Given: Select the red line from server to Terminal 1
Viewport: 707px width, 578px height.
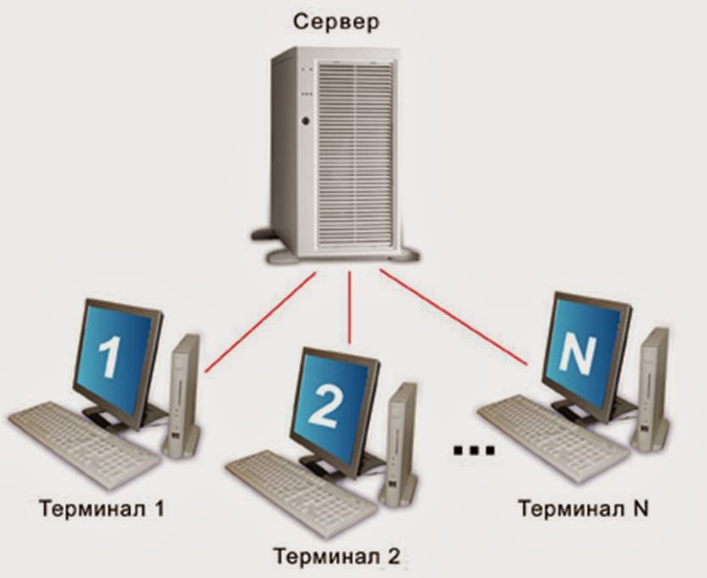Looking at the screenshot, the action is pos(260,322).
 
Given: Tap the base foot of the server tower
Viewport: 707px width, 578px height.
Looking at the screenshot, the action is pos(339,254).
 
